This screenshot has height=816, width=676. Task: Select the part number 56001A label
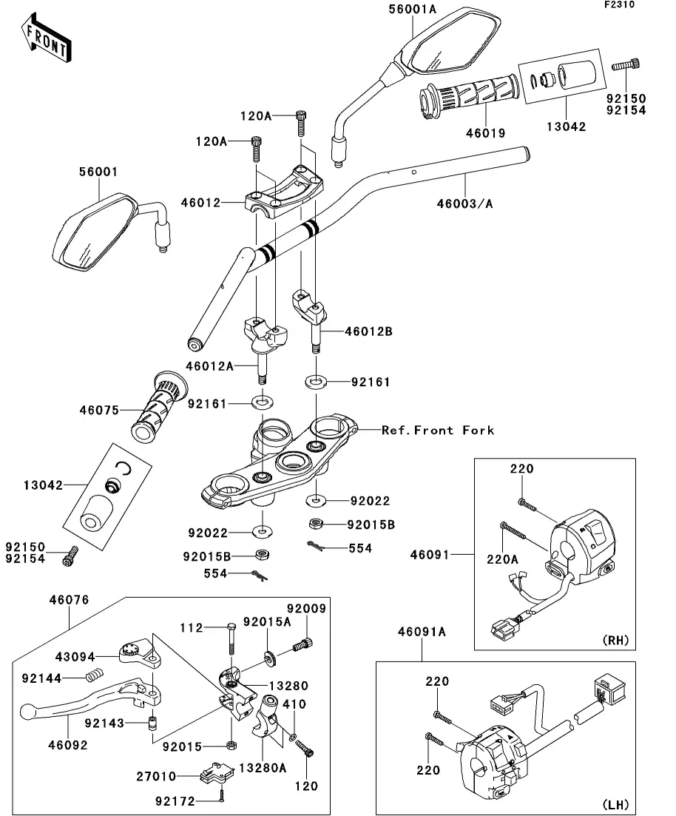(413, 9)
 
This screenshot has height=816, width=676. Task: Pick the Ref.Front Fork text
(438, 430)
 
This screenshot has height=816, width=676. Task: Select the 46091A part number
(422, 632)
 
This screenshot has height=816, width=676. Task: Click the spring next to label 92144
(94, 675)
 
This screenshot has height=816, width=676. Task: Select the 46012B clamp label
(368, 331)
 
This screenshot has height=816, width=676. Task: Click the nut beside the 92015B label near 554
(314, 524)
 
